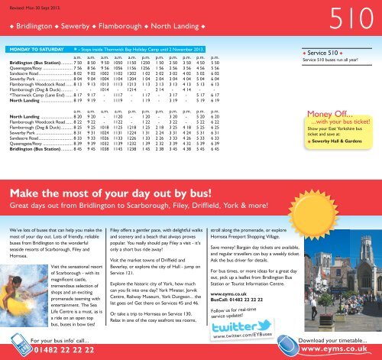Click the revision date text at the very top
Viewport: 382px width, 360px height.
click(x=31, y=5)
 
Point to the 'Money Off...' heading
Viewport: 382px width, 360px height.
click(x=331, y=115)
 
